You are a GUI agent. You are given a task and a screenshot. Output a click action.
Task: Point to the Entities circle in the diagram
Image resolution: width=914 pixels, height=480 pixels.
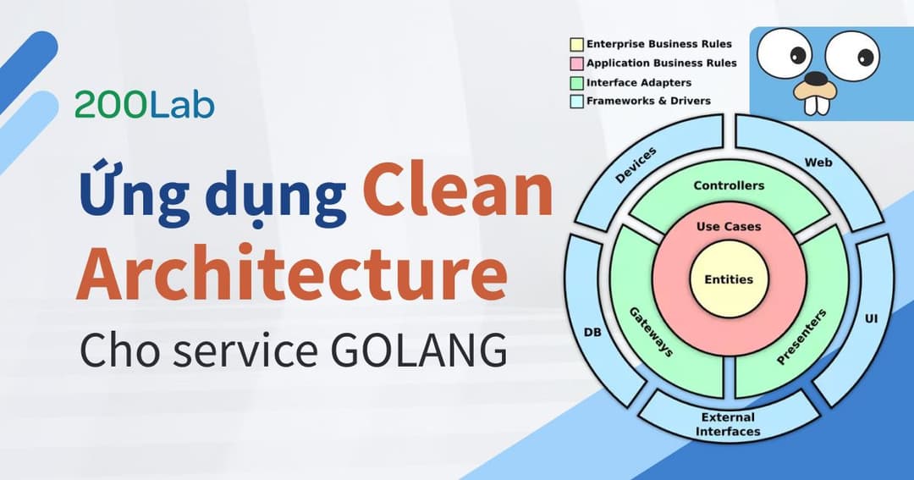pos(728,279)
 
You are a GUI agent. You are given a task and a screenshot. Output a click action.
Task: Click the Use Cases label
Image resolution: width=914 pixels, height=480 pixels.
pos(728,226)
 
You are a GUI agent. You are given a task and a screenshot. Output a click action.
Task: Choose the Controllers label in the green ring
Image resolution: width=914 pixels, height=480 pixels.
pos(728,185)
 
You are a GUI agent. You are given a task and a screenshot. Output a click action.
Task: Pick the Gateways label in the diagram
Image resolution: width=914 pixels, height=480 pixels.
pos(652,331)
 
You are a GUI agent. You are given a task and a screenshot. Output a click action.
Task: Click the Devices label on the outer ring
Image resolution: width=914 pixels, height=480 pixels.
pos(636,164)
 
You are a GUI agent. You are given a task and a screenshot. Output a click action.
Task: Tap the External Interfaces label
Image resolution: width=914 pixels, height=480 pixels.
pos(728,424)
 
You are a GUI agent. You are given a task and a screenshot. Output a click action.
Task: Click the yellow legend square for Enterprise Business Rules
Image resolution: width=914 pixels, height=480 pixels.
pos(577,43)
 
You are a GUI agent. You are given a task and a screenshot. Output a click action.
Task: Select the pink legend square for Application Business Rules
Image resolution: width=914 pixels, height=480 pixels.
pos(577,63)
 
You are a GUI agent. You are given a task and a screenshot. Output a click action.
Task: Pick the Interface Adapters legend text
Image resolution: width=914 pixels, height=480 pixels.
pos(638,82)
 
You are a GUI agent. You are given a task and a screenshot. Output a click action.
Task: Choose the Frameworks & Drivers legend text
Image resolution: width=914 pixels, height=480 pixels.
pos(648,101)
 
